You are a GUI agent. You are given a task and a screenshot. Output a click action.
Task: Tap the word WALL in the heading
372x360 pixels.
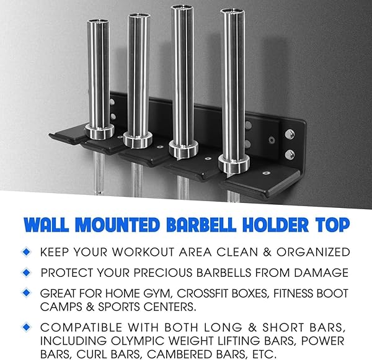[x=46, y=225]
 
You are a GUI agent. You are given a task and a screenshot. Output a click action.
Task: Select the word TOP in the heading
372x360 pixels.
[x=332, y=225]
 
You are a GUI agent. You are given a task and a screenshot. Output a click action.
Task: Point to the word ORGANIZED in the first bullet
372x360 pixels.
[x=313, y=252]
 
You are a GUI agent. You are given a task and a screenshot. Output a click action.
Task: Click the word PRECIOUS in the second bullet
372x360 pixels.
[x=162, y=272]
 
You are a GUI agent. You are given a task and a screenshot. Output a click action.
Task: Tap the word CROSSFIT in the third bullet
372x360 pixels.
[x=222, y=293]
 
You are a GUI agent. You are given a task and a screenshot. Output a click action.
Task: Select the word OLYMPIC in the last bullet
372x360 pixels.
[x=138, y=341]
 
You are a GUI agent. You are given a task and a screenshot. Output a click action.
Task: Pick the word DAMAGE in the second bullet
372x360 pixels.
[x=321, y=272]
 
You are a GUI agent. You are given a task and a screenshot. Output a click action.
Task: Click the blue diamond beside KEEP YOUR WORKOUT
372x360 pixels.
[x=26, y=252]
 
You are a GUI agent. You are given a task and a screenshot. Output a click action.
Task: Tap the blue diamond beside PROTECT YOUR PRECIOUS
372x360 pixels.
[x=26, y=272]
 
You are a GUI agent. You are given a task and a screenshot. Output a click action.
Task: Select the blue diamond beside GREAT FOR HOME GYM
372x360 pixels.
[x=26, y=293]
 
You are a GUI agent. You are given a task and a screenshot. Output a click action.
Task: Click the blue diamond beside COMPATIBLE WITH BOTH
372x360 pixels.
[x=26, y=327]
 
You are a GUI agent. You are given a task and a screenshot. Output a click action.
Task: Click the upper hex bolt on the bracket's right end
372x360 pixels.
[x=290, y=134]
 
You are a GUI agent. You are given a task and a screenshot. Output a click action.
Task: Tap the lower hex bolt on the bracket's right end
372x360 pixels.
[x=290, y=155]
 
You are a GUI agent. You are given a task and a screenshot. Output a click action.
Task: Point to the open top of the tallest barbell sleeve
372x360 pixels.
[x=182, y=7]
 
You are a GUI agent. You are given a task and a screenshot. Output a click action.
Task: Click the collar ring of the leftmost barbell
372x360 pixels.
[x=99, y=132]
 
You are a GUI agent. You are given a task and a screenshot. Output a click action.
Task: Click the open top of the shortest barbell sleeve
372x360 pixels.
[x=98, y=22]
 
